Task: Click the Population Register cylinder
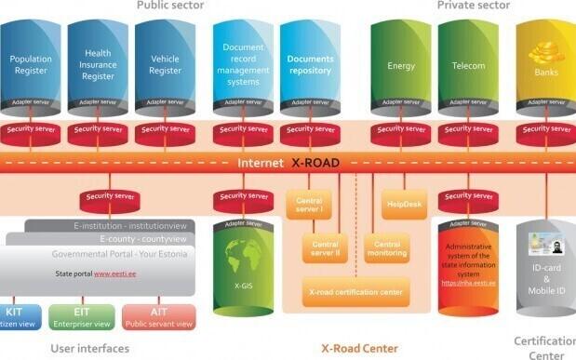pyautogui.click(x=31, y=65)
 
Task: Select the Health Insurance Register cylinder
pyautogui.click(x=98, y=65)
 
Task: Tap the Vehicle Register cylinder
pyautogui.click(x=165, y=65)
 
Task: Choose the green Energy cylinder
pyautogui.click(x=401, y=65)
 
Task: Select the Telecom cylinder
pyautogui.click(x=468, y=65)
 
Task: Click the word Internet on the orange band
pyautogui.click(x=260, y=162)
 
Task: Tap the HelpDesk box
pyautogui.click(x=402, y=203)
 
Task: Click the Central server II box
pyautogui.click(x=325, y=246)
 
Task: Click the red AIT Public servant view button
pyautogui.click(x=159, y=316)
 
